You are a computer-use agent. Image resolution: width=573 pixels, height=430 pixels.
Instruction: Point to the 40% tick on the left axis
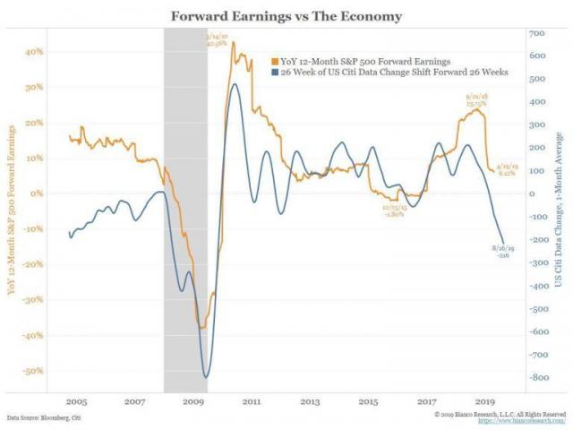click(33, 52)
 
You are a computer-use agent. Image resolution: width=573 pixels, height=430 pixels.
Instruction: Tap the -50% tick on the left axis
click(32, 370)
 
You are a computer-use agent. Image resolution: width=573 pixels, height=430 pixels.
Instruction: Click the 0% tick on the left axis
click(37, 193)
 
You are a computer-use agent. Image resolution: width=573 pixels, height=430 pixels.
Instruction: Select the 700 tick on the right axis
click(537, 33)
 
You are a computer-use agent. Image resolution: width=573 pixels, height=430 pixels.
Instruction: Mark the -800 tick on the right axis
click(539, 377)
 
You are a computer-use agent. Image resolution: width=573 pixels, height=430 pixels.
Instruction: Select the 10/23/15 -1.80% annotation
click(394, 211)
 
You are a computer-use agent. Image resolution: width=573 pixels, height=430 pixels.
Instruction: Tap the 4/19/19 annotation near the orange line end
click(506, 170)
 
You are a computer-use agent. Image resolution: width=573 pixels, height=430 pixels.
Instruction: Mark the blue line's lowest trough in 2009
click(206, 377)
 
